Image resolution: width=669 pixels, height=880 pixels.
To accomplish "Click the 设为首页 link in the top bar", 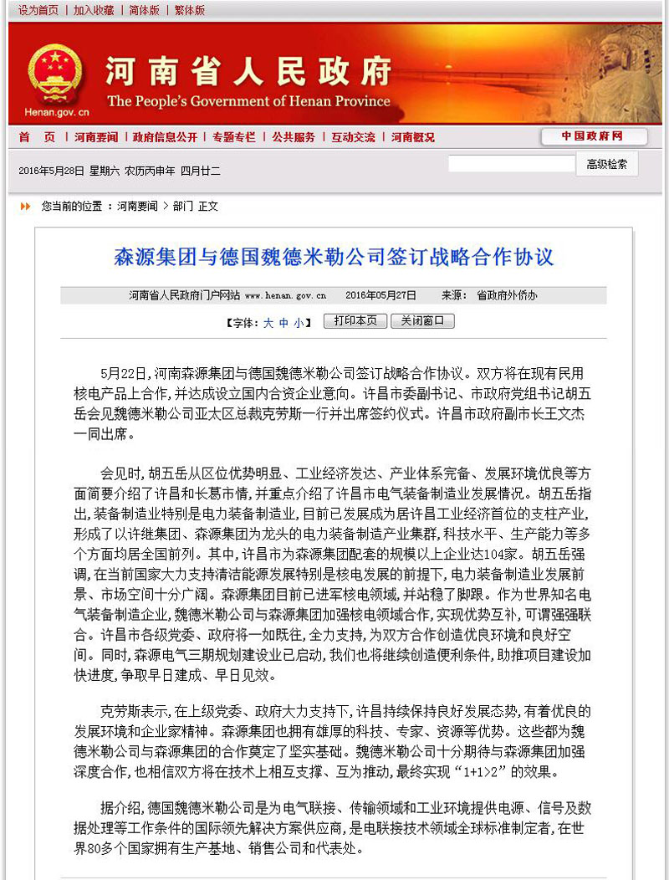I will click(x=38, y=10).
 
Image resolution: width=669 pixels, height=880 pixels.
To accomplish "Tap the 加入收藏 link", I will click(x=94, y=10).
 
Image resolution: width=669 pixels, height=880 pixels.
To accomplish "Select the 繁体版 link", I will click(x=189, y=10).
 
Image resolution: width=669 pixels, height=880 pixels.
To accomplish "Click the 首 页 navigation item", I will click(x=37, y=137).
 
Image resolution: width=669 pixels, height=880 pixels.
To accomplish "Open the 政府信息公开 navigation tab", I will click(x=165, y=137).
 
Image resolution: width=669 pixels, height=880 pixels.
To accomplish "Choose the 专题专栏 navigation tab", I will click(x=234, y=137).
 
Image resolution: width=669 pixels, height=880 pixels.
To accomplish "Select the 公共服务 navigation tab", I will click(x=294, y=137).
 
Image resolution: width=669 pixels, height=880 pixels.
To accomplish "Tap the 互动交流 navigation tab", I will click(x=353, y=137).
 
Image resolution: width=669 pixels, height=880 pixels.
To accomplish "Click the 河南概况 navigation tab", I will click(x=413, y=137).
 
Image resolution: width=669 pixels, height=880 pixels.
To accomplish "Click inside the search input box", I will click(x=511, y=164).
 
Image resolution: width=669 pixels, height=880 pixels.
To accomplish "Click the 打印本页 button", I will click(x=355, y=321).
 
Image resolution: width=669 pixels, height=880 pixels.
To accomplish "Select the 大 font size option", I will click(x=268, y=322).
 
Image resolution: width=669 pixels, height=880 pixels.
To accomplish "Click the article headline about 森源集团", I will click(x=334, y=257).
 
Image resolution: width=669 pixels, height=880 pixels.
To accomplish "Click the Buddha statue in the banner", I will click(x=620, y=71).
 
